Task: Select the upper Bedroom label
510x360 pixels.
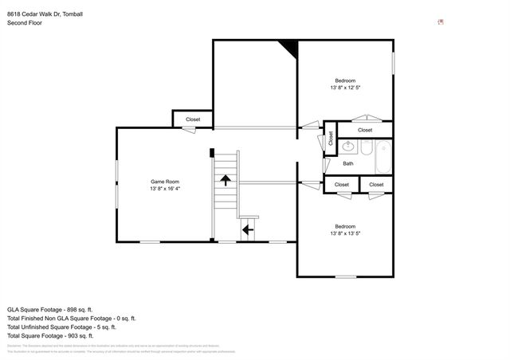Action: [345, 80]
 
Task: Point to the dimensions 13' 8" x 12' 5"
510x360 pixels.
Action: [345, 88]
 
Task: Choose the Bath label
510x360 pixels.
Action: [348, 164]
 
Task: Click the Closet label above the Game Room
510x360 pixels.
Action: [193, 119]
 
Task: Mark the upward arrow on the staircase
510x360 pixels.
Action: [226, 179]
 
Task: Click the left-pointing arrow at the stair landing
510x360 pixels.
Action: [247, 230]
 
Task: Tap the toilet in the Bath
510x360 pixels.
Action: [365, 148]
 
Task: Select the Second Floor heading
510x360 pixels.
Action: [25, 23]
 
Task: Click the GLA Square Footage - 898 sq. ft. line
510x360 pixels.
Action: [50, 309]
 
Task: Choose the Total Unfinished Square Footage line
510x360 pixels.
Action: [61, 327]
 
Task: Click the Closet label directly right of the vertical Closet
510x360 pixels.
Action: [365, 130]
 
